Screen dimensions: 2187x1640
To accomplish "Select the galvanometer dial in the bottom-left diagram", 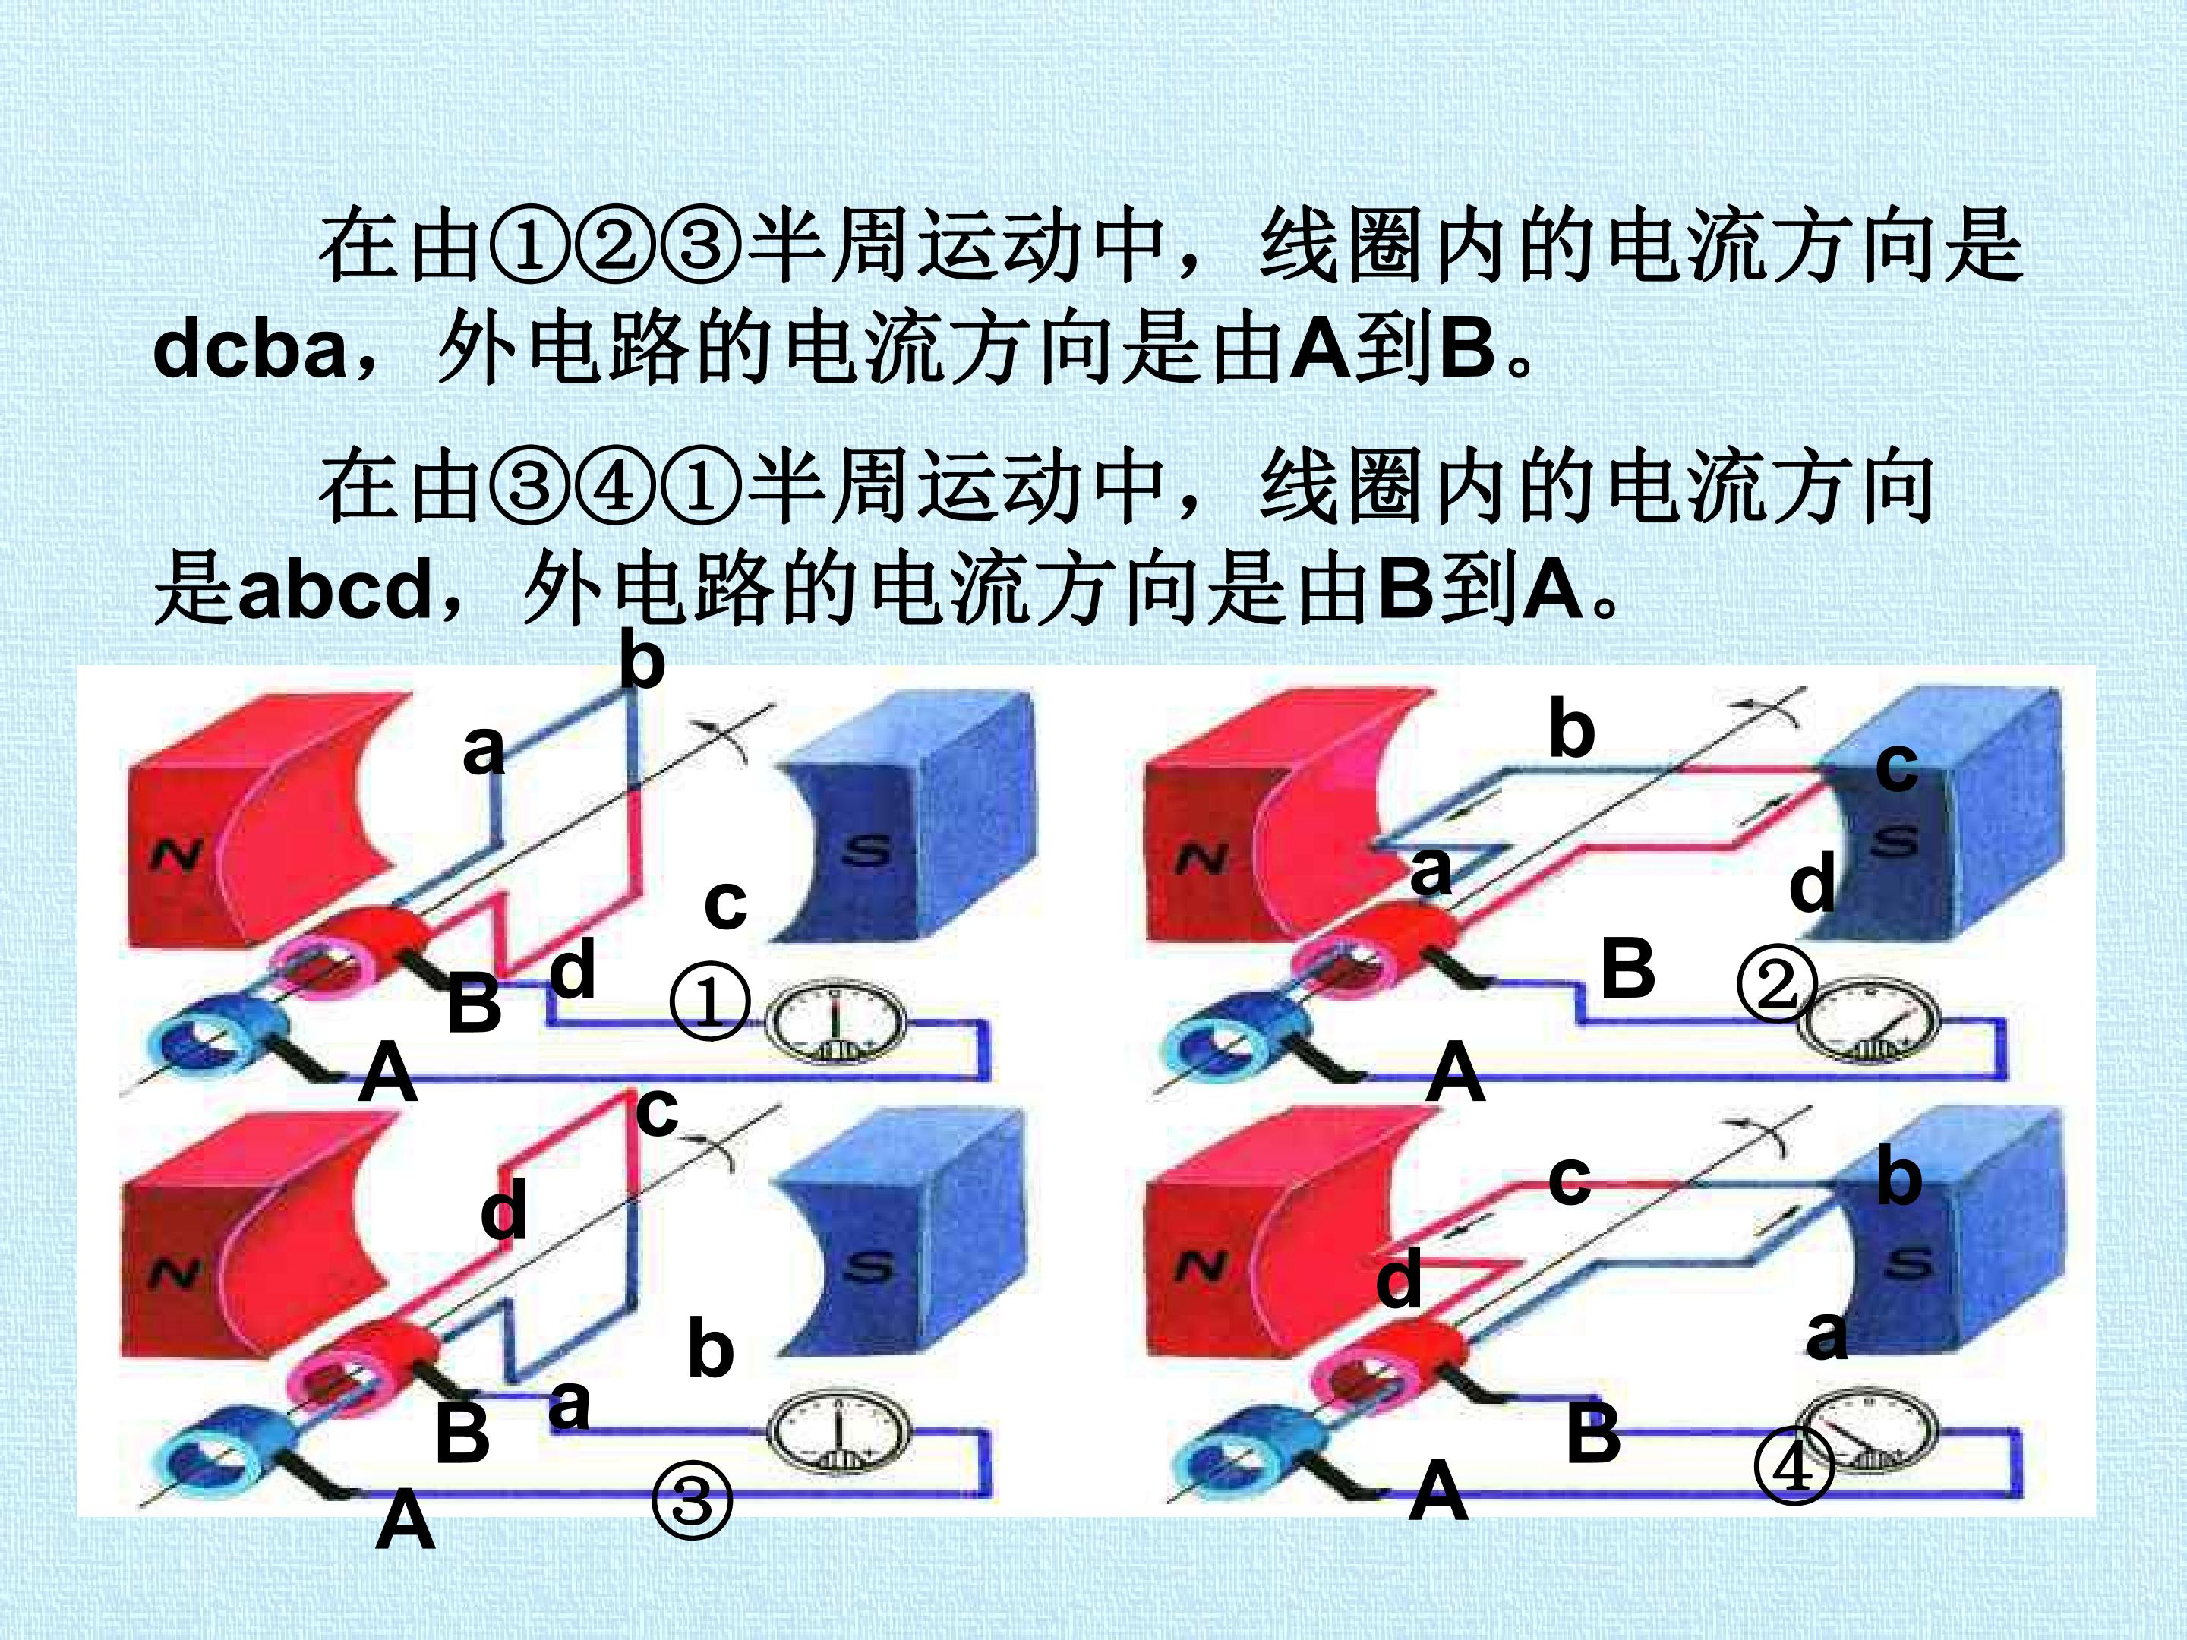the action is tap(838, 1433).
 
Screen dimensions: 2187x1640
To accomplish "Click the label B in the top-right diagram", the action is tap(1627, 968).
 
